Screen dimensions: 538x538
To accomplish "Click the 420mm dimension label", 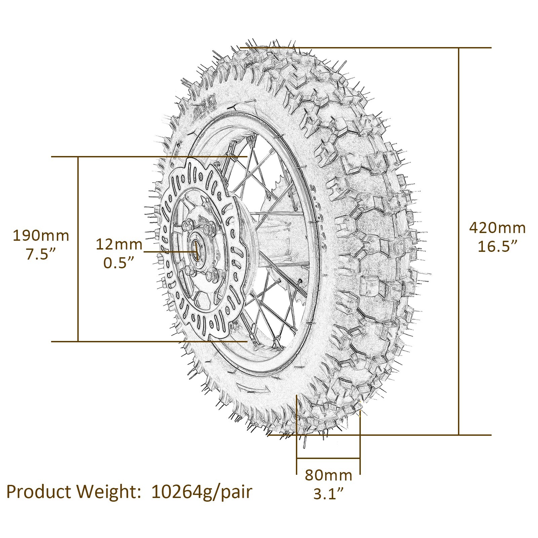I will [x=497, y=228].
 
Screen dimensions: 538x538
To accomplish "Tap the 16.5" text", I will [x=497, y=246].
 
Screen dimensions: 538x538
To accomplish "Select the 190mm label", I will [x=41, y=236].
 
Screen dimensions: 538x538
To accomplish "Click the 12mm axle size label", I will [x=119, y=244].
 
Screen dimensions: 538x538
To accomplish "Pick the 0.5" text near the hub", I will [x=119, y=263].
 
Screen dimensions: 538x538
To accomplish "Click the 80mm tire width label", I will [x=329, y=475].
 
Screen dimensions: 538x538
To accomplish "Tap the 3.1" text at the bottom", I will [x=329, y=494].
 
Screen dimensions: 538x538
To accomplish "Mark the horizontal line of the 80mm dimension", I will [x=328, y=458].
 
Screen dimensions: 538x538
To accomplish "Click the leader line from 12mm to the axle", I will [x=168, y=251].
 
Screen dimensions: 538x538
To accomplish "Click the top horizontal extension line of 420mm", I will [x=370, y=48].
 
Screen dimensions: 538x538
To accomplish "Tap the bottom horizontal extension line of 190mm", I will [x=134, y=341].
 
